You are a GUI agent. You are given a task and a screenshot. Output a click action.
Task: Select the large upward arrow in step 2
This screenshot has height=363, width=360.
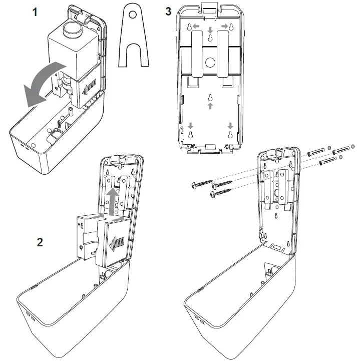113,198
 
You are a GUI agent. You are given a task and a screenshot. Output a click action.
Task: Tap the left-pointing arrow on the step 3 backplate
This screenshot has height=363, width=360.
196,25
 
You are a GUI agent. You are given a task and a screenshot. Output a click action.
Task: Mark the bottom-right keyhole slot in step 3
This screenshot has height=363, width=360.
231,135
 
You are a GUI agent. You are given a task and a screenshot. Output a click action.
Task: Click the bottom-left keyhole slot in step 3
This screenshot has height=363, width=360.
191,135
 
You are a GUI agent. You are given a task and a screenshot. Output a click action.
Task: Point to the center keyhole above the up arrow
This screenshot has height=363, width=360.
211,97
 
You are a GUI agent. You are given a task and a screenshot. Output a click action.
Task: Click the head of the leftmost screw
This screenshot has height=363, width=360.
195,186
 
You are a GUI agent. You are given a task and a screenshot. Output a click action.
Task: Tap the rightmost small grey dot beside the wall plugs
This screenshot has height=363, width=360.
353,148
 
